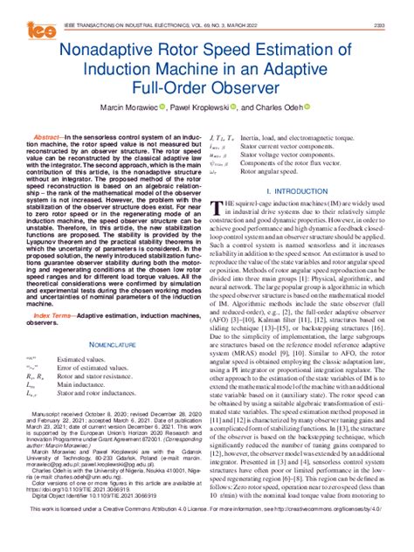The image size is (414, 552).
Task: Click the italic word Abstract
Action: (x=47, y=137)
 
